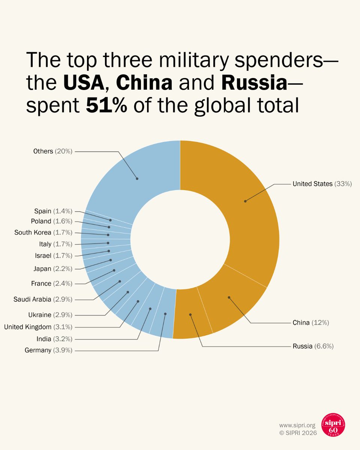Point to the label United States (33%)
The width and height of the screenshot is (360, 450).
point(322,184)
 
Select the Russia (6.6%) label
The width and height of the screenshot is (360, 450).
point(313,346)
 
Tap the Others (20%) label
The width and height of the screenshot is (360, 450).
point(52,151)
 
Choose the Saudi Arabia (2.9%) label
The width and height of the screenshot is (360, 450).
point(43,299)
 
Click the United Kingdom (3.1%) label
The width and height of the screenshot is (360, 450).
point(38,327)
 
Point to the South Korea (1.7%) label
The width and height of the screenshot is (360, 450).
point(43,232)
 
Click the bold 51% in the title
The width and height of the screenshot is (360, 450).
point(106,106)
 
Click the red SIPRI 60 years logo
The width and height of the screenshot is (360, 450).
point(333,425)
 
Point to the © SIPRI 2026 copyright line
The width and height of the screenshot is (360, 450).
point(298,433)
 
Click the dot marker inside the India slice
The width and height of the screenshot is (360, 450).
point(150,309)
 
